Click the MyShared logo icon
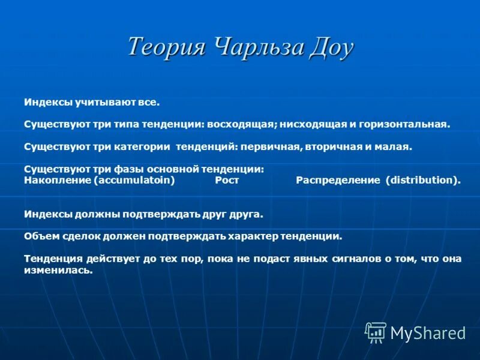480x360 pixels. pyautogui.click(x=376, y=332)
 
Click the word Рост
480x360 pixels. pyautogui.click(x=227, y=180)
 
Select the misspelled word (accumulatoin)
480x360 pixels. pyautogui.click(x=134, y=180)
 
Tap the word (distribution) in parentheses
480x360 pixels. pyautogui.click(x=424, y=180)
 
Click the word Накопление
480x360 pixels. pyautogui.click(x=58, y=180)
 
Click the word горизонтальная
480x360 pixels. pyautogui.click(x=404, y=125)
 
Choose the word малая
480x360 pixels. pyautogui.click(x=394, y=146)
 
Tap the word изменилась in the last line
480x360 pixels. pyautogui.click(x=58, y=270)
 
